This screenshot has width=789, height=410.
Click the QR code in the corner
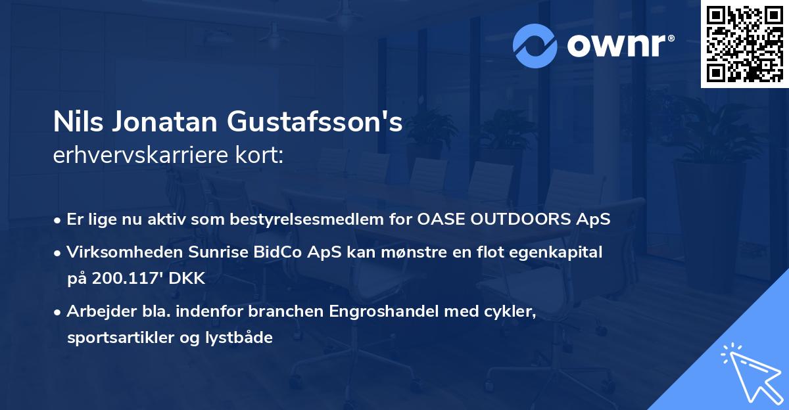(x=745, y=44)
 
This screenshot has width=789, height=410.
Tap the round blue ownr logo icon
(x=535, y=46)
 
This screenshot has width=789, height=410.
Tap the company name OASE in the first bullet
(x=438, y=219)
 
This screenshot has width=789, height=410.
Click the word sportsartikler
(x=117, y=338)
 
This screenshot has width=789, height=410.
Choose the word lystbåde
(x=241, y=338)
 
